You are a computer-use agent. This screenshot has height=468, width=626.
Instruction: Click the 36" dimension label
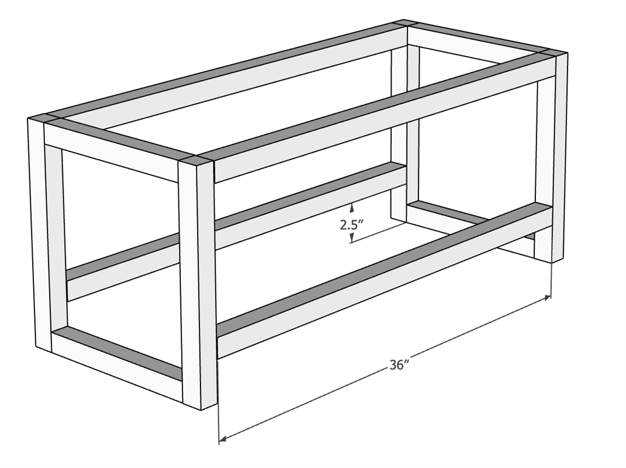coord(397,365)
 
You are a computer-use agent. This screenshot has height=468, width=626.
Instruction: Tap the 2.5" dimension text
coord(351,225)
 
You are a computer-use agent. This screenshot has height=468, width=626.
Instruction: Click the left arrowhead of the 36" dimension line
coord(223,438)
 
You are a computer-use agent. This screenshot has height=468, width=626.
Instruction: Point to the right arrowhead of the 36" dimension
coord(547,298)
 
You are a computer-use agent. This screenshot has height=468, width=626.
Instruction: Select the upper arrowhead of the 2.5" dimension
coord(351,207)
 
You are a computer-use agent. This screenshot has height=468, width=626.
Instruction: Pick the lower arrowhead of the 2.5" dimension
coord(351,239)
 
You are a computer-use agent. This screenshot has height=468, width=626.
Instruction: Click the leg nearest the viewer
coord(198,284)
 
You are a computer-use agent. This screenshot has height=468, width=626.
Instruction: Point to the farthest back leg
coord(405,120)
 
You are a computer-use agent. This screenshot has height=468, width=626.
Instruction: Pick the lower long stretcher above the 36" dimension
coord(383,280)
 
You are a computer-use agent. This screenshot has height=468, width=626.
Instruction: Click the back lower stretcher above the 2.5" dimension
coord(236,232)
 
